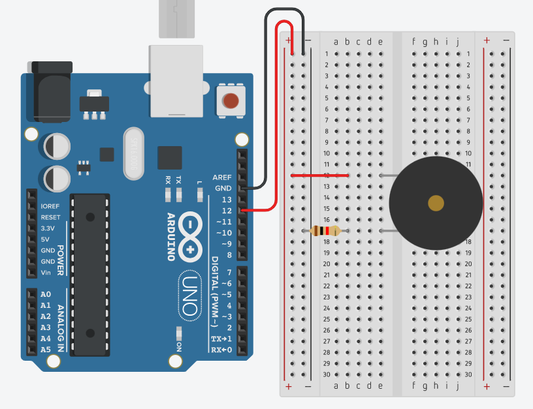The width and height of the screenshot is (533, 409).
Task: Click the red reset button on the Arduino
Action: tap(231, 101)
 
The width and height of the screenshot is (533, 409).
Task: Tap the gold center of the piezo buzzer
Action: tap(436, 203)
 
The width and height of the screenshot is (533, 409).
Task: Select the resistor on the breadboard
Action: tap(325, 230)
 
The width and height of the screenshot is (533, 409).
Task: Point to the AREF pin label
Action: tap(222, 177)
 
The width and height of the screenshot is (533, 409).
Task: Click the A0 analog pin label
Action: tap(46, 294)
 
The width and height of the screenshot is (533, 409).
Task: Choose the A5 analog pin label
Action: tap(46, 350)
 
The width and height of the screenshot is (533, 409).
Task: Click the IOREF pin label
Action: tap(50, 206)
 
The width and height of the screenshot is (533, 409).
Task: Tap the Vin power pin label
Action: tap(46, 273)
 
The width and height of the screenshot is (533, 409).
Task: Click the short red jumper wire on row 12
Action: tap(319, 175)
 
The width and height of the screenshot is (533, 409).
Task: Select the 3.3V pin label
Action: tap(48, 228)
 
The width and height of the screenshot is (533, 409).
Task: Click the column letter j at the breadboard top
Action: tap(458, 42)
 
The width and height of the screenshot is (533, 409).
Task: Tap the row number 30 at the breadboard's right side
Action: tap(468, 374)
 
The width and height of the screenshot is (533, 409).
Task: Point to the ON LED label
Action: tap(179, 346)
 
